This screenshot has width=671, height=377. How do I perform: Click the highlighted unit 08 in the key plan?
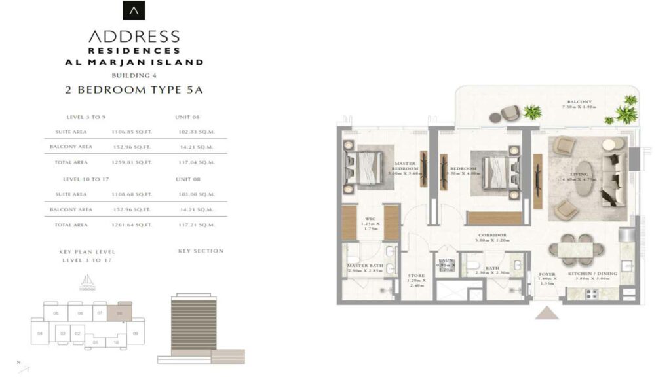tap(120, 313)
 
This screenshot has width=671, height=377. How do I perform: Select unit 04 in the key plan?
tap(40, 334)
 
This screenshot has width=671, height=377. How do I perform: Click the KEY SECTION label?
tap(201, 251)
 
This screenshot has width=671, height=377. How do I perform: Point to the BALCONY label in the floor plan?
tap(580, 102)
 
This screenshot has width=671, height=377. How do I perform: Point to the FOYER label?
tap(547, 275)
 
